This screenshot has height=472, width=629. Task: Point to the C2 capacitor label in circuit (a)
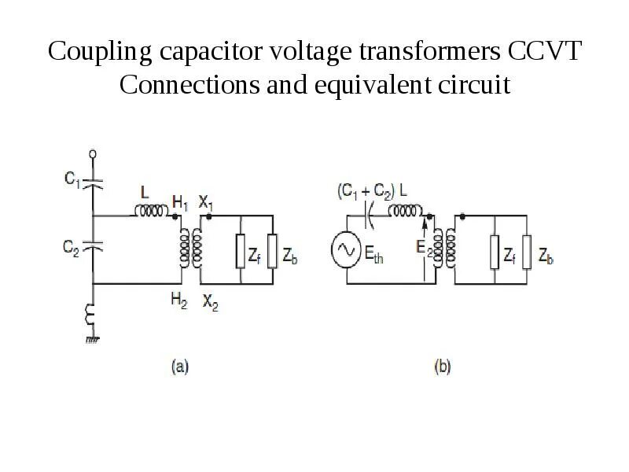[72, 247]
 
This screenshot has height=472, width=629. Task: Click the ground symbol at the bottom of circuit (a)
[94, 339]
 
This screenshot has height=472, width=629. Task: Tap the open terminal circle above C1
[94, 154]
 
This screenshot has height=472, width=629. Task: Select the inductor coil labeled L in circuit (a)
[150, 211]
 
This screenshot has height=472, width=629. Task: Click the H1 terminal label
[180, 203]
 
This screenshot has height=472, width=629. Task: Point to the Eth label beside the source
[373, 253]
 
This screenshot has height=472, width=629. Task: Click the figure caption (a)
[180, 367]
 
